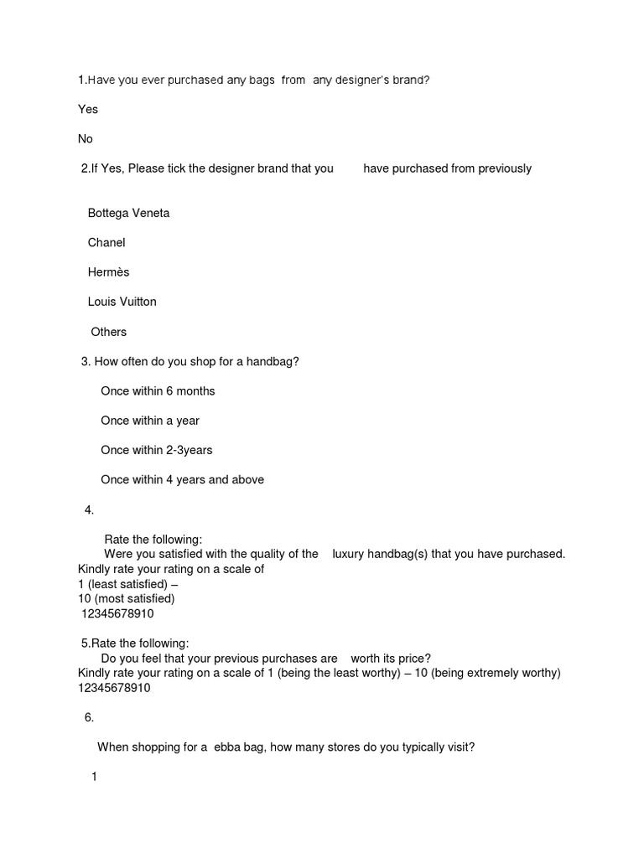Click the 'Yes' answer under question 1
88,109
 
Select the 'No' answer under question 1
86,139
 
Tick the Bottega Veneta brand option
128,213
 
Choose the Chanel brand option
106,242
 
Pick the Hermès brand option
108,272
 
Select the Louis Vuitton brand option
122,302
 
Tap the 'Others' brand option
109,332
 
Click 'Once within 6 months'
158,390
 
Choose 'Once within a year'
150,421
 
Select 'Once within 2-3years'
157,450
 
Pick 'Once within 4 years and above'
182,480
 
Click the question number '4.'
89,510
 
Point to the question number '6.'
89,717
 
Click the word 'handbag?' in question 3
273,361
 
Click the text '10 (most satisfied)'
126,599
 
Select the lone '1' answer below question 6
95,777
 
